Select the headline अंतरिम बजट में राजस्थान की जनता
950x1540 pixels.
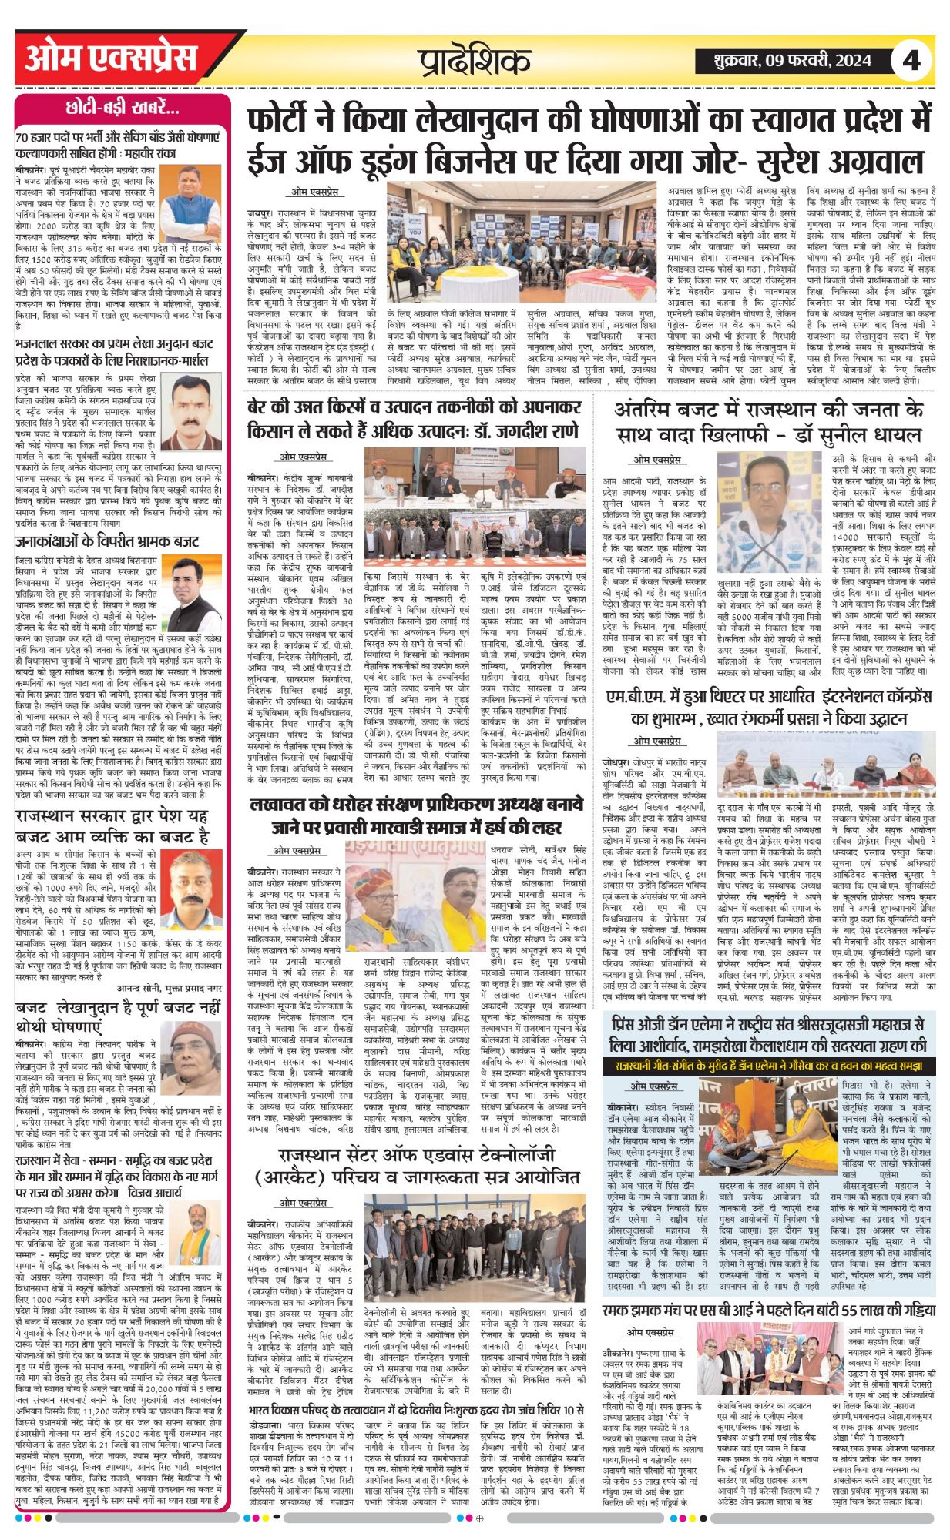pos(768,420)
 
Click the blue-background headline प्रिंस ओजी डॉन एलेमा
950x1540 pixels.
pos(768,1034)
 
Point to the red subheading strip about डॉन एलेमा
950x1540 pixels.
pos(768,1066)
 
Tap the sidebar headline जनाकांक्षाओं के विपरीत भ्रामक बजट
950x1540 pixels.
pos(107,542)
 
